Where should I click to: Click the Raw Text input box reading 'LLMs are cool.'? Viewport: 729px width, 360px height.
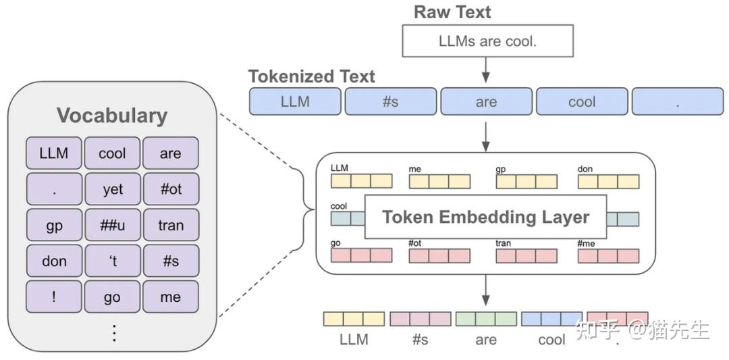487,41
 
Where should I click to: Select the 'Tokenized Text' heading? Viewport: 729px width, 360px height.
311,76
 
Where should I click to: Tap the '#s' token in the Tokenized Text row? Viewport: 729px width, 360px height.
390,102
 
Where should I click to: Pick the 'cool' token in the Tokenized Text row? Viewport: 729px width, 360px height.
581,102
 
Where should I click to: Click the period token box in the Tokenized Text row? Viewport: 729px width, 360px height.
677,102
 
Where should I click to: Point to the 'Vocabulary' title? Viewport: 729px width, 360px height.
111,115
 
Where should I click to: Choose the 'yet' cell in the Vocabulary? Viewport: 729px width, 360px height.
112,189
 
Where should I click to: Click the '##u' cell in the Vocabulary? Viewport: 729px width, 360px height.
112,225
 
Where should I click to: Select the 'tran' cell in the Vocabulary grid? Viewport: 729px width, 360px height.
171,225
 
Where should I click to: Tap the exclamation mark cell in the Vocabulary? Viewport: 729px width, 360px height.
54,297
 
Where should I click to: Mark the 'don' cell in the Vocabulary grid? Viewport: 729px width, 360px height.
54,261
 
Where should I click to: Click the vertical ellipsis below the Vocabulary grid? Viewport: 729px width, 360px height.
113,333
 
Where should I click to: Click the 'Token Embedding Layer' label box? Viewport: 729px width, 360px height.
485,217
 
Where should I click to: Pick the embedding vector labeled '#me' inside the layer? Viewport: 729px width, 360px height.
607,256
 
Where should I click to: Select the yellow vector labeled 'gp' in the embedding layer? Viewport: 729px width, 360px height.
526,182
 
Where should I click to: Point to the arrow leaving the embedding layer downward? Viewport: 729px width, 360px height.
485,290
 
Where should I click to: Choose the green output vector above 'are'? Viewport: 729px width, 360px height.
486,319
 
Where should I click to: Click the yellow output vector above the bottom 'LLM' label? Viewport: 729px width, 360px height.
354,319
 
